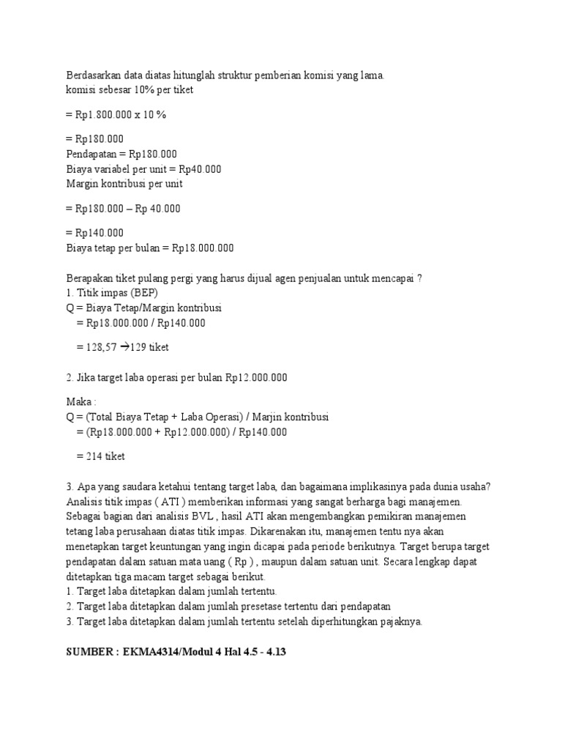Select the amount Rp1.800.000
(103, 115)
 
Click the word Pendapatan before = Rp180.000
(91, 155)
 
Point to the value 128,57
(100, 347)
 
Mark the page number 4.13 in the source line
(272, 650)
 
